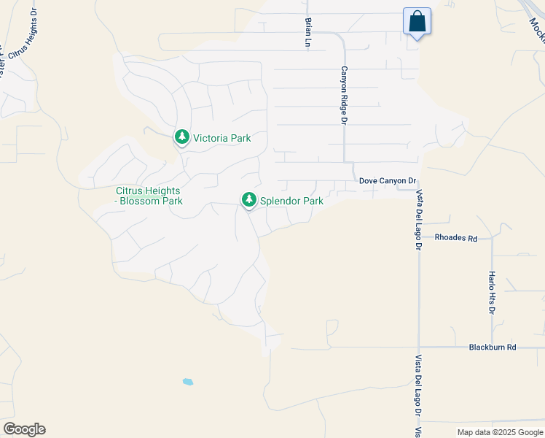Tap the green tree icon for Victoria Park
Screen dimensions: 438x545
click(181, 137)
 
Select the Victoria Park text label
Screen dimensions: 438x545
click(221, 138)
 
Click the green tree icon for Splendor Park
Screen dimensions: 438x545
click(248, 199)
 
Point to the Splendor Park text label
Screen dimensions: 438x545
click(291, 200)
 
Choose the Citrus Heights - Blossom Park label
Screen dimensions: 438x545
click(149, 196)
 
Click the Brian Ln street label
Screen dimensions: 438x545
click(308, 33)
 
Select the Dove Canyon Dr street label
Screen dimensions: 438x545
click(387, 180)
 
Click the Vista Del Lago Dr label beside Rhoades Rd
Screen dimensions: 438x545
click(419, 220)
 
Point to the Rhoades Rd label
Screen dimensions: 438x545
click(455, 238)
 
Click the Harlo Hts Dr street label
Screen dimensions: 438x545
click(492, 293)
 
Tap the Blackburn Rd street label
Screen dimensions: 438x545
click(493, 347)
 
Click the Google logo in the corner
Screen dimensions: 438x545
click(24, 429)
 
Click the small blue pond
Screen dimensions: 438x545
click(188, 382)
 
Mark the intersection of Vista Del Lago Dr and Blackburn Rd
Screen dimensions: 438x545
click(419, 347)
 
